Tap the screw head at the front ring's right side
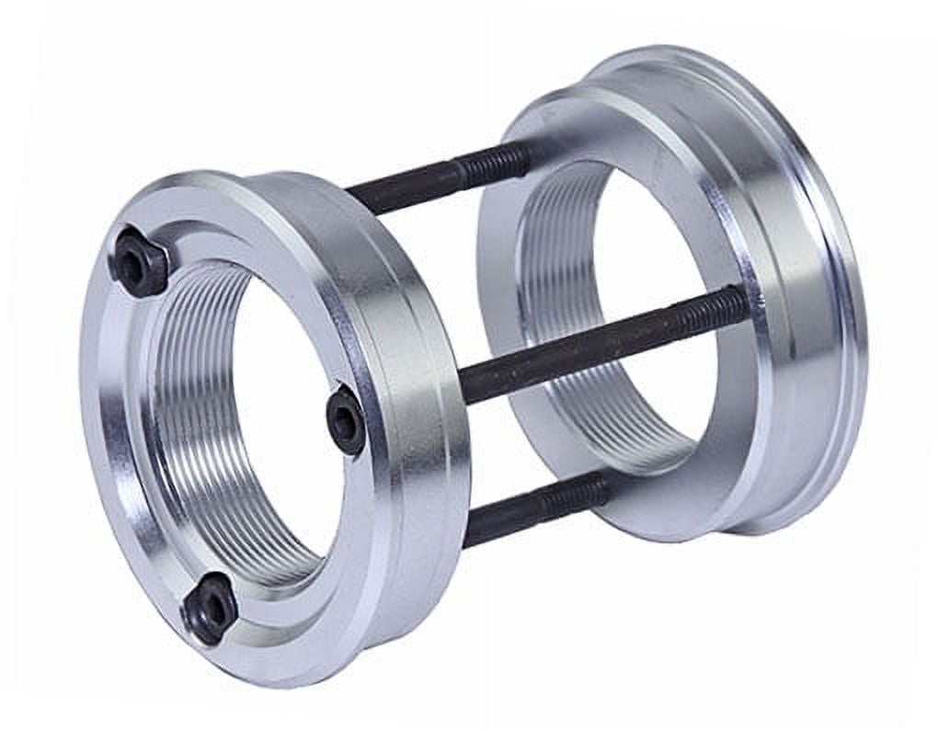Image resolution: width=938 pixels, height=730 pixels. click(347, 420)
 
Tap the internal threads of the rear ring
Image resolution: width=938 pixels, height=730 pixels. click(552, 276)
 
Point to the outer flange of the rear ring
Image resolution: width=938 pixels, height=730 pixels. click(809, 276)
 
